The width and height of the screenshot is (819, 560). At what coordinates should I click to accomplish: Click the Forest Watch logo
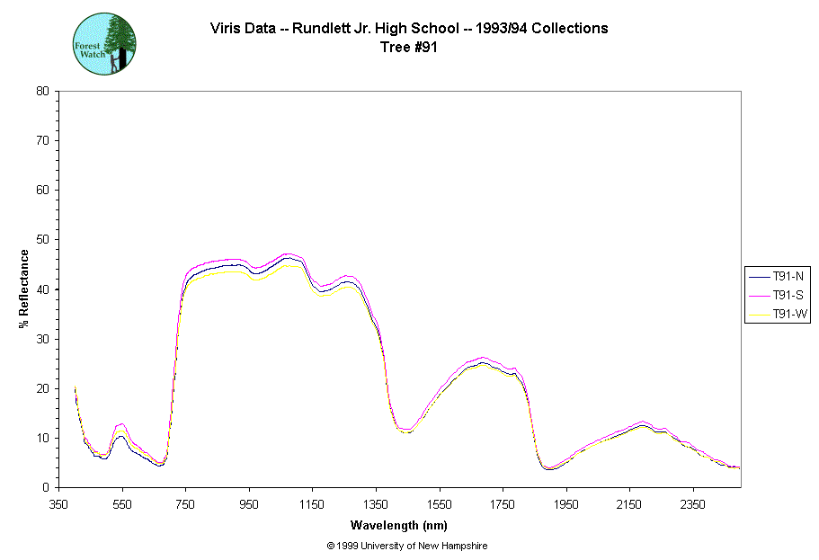pyautogui.click(x=104, y=44)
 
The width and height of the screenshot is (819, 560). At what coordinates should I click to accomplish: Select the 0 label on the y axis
pyautogui.click(x=46, y=488)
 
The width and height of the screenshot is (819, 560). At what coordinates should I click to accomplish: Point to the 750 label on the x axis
pyautogui.click(x=186, y=504)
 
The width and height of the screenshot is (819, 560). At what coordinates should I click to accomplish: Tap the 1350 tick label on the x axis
pyautogui.click(x=376, y=504)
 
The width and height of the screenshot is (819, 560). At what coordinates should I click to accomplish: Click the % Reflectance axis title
pyautogui.click(x=24, y=289)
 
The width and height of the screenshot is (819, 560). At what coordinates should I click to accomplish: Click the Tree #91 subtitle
pyautogui.click(x=409, y=48)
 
